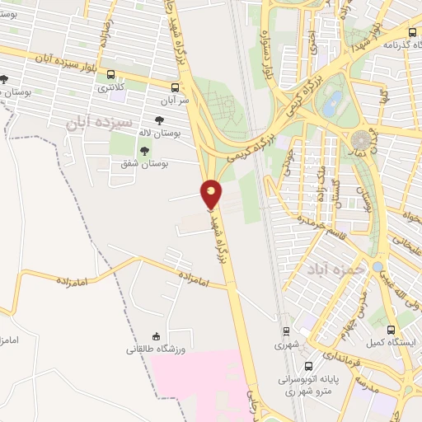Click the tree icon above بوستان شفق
coord(145,151)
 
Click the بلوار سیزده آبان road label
coord(54,60)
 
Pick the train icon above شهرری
coord(286,332)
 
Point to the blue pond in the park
coord(332,104)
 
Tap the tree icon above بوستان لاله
coord(158,120)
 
